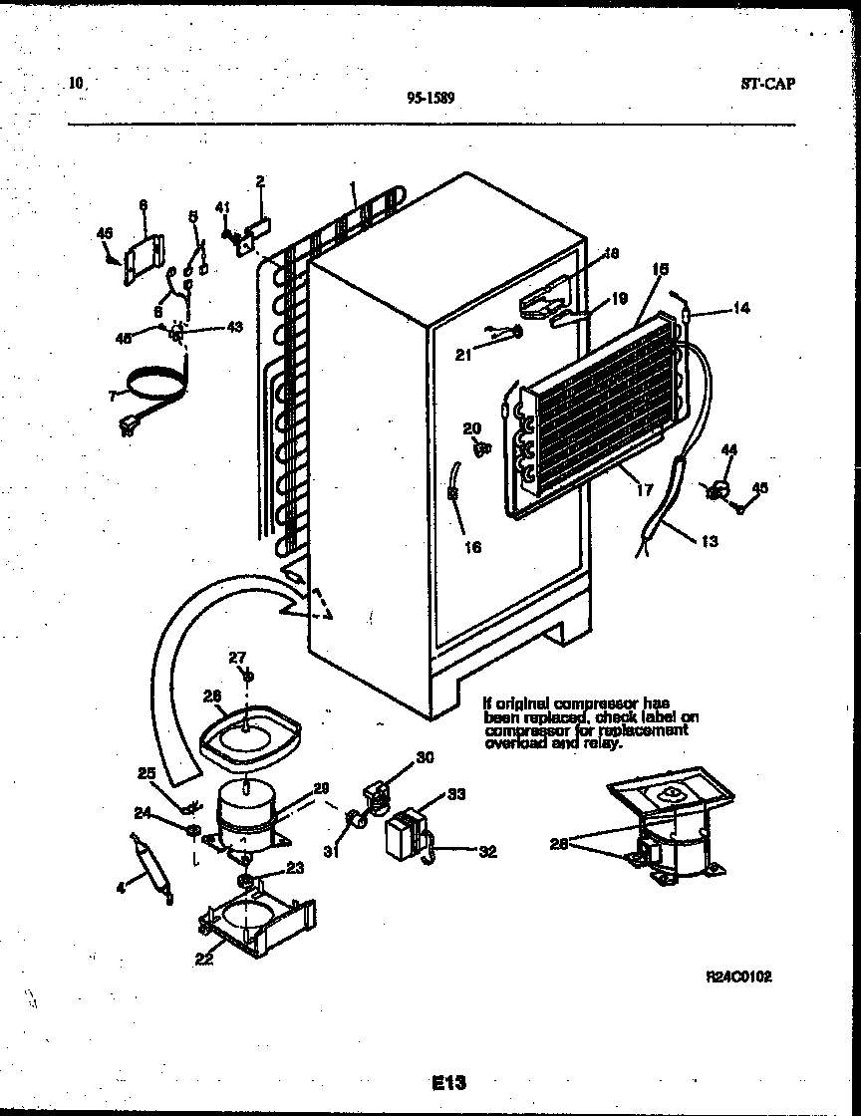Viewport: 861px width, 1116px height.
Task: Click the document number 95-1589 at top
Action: [431, 98]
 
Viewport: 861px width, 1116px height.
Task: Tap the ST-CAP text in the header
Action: [767, 85]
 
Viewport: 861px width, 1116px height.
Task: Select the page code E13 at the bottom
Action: [449, 1082]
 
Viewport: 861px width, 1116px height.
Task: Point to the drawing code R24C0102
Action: [738, 978]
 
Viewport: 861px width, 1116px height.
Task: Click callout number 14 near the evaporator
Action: [739, 310]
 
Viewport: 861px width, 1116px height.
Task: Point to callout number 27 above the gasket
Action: [236, 658]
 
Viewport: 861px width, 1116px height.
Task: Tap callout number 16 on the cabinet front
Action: [472, 547]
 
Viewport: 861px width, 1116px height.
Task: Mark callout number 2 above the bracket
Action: [259, 182]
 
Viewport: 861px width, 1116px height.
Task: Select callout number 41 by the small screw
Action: [223, 208]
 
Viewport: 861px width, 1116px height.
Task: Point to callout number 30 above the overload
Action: [425, 758]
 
